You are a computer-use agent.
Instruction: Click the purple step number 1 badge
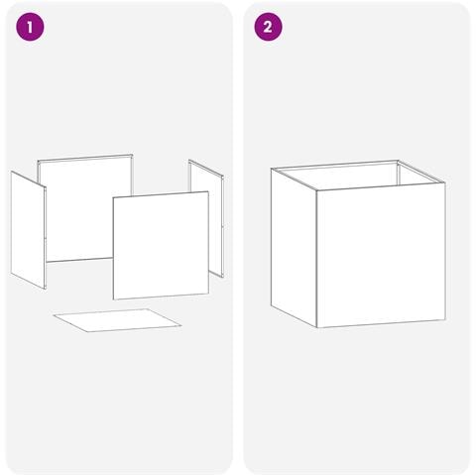(30, 27)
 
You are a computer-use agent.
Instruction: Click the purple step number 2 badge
(268, 27)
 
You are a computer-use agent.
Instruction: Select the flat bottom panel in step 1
(117, 320)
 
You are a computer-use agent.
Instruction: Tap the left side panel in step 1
(29, 230)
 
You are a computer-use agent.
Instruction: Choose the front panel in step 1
(161, 245)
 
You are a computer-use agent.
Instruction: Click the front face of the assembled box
(381, 255)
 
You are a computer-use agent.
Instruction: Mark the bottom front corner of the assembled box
(317, 327)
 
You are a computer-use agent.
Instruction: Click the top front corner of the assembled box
(316, 190)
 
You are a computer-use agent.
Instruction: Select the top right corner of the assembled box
(445, 182)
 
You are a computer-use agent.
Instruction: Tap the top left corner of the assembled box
(272, 169)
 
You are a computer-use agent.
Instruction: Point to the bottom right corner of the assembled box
(445, 319)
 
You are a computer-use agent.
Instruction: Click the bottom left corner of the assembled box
(271, 305)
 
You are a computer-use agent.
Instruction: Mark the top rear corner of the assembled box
(398, 161)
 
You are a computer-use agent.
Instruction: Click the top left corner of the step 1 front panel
(113, 197)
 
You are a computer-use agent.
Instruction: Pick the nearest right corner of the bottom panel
(181, 325)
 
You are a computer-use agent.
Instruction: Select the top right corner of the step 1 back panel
(132, 155)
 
